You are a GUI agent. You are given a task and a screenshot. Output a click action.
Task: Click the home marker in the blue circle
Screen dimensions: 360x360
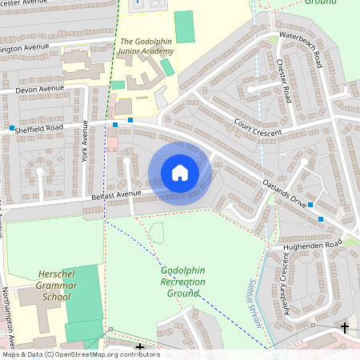[x=179, y=173]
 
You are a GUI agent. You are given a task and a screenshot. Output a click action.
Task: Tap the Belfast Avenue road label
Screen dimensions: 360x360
[x=115, y=194]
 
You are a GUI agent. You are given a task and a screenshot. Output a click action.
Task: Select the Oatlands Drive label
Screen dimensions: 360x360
[x=286, y=194]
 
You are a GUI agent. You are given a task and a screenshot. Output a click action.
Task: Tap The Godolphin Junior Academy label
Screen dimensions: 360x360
[x=146, y=46]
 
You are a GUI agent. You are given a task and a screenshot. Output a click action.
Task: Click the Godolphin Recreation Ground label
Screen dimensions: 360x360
[x=182, y=282]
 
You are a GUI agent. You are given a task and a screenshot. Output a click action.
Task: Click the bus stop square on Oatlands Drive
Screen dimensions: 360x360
[x=321, y=218]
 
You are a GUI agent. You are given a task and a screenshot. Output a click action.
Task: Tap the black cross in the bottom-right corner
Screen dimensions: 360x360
[x=345, y=327]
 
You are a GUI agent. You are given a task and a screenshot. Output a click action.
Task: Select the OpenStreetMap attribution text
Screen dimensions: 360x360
[x=80, y=354]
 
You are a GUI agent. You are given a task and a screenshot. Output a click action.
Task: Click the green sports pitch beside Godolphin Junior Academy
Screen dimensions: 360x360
[x=185, y=26]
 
